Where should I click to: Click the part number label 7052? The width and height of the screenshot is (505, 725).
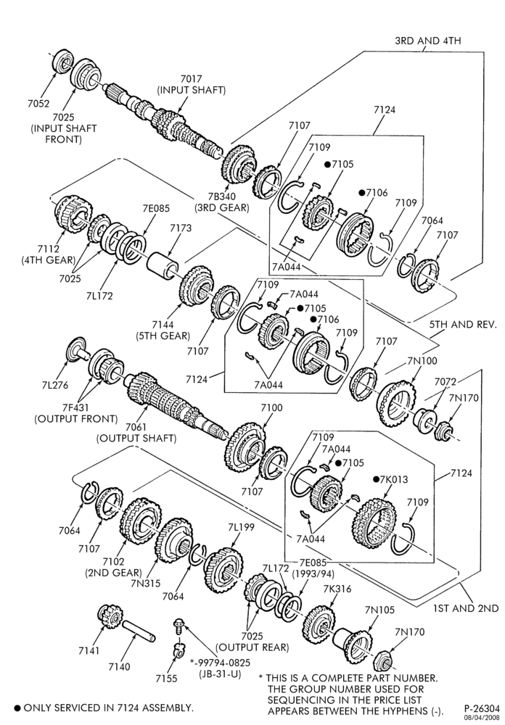coord(38,104)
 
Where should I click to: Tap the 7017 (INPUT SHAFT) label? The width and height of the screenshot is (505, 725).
coord(192,85)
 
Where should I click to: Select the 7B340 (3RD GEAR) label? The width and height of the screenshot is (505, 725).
coord(222,202)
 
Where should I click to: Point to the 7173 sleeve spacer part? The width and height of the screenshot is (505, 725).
coord(163,265)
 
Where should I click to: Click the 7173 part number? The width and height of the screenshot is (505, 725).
coord(181,228)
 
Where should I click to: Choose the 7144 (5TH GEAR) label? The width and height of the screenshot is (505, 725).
coord(163,330)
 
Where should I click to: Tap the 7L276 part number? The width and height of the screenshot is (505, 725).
coord(55,385)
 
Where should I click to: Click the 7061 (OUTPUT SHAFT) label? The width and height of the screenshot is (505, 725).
coord(136,432)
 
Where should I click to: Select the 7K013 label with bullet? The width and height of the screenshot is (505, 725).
coord(391,479)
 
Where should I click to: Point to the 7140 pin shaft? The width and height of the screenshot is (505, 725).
coord(139,631)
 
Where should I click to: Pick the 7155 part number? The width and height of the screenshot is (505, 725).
coord(167,679)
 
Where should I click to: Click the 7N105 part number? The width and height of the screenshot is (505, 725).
coord(379,610)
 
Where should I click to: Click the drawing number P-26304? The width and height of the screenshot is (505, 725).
coord(482,708)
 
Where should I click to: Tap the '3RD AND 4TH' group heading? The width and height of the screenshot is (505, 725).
coord(428,41)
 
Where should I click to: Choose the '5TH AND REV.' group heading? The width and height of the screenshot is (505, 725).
coord(463,324)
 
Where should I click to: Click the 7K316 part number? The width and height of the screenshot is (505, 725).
coord(337,589)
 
